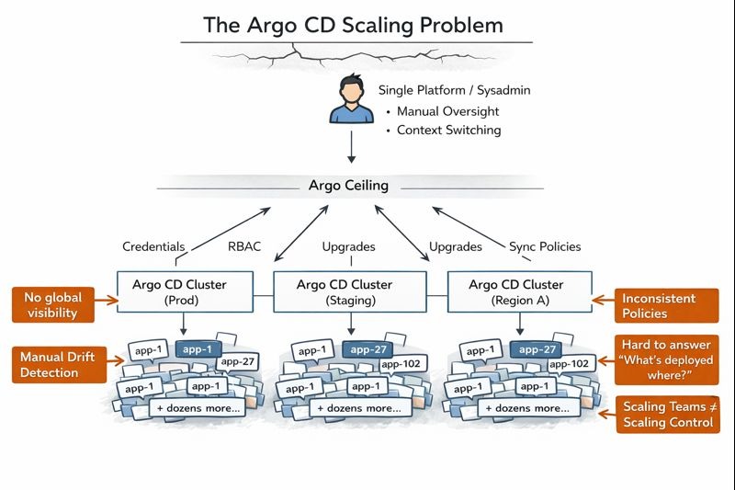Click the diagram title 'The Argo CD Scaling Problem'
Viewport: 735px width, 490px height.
354,25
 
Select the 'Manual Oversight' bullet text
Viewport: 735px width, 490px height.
447,111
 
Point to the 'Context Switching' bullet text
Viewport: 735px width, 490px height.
448,131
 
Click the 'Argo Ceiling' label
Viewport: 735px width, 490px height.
348,186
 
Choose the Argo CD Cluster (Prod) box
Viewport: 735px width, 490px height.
185,292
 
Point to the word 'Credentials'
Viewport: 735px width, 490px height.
153,246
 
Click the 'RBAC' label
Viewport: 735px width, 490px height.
244,246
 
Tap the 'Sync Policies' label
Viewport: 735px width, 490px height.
545,246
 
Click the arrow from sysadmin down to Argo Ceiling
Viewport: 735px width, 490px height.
351,147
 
